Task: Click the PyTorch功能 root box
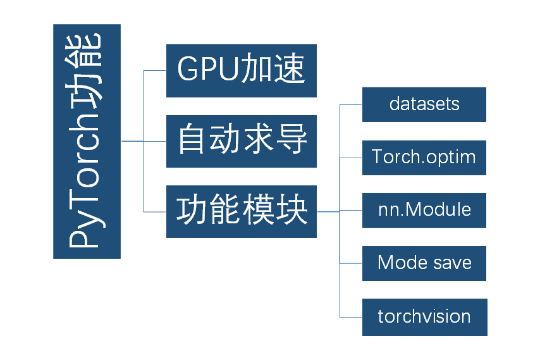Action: click(x=87, y=141)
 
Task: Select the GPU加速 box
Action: click(x=241, y=70)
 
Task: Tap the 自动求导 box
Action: click(x=241, y=141)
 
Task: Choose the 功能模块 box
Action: click(x=241, y=211)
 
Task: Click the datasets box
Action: click(x=424, y=104)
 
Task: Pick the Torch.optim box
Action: click(x=424, y=158)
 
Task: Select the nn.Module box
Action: click(x=424, y=210)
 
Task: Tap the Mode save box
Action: click(x=424, y=263)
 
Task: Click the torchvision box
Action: click(x=424, y=316)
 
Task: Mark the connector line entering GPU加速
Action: click(x=155, y=70)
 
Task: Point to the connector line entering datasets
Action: click(x=351, y=104)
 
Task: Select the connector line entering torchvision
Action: click(x=351, y=317)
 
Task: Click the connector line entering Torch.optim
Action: click(x=351, y=158)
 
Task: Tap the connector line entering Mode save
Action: click(x=351, y=263)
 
